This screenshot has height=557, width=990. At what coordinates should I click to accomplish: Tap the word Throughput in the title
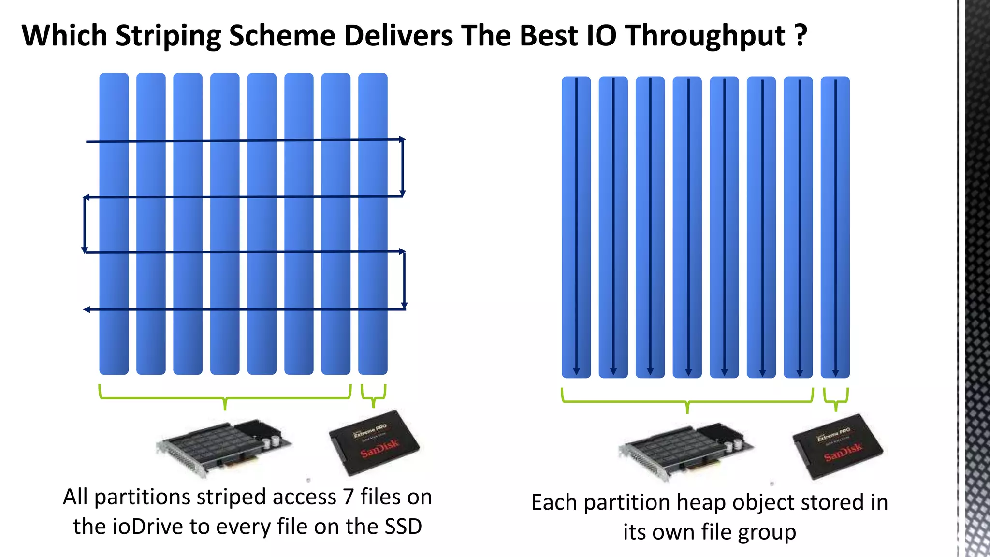pyautogui.click(x=705, y=36)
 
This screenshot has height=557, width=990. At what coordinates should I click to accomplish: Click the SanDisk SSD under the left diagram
pyautogui.click(x=374, y=443)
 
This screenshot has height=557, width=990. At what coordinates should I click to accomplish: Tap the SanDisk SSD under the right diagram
pyautogui.click(x=838, y=446)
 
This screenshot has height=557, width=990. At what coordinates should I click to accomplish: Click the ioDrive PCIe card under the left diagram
pyautogui.click(x=223, y=447)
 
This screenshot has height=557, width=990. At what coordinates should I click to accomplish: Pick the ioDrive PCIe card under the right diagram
pyautogui.click(x=686, y=451)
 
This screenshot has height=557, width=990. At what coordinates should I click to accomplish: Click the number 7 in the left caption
pyautogui.click(x=349, y=497)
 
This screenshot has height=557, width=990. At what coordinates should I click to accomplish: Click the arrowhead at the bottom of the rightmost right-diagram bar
pyautogui.click(x=835, y=373)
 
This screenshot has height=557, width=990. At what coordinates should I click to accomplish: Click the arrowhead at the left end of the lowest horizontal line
pyautogui.click(x=87, y=309)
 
